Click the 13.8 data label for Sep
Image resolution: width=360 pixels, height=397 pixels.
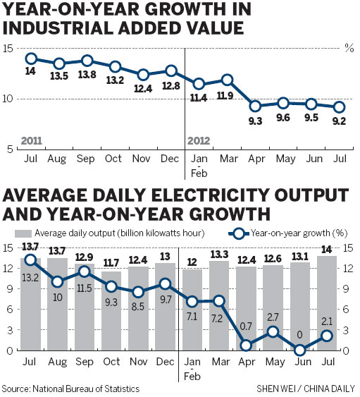86,74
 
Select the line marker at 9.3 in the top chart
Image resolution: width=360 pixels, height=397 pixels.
255,106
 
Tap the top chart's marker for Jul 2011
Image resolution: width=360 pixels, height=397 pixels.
30,59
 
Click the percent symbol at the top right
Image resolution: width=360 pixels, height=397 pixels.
347,48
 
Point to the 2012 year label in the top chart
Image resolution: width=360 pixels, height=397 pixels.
199,140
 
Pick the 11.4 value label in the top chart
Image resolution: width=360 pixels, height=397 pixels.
199,97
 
